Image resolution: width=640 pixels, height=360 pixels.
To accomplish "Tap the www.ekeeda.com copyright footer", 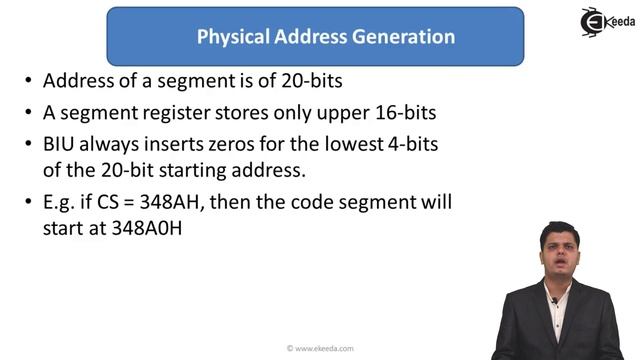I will (x=320, y=348).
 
